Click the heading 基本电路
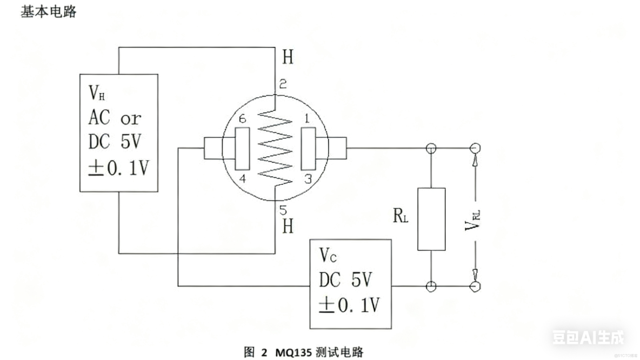pos(49,12)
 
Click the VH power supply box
pos(118,132)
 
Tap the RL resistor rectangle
pos(431,219)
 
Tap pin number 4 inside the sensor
pos(242,179)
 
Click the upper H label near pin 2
pos(288,57)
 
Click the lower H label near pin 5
pos(288,226)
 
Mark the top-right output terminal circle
pos(476,147)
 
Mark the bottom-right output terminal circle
pos(476,286)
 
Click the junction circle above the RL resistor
pos(431,147)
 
